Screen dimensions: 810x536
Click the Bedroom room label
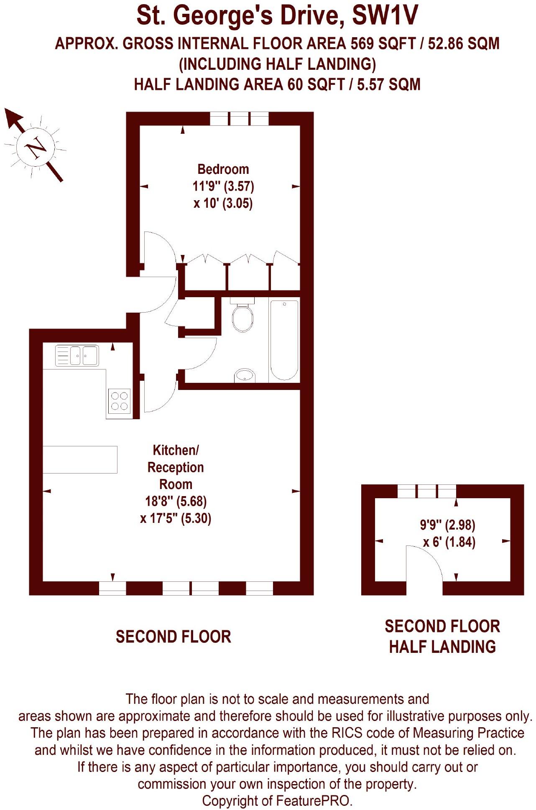coord(223,169)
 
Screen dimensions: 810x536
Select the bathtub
coord(284,339)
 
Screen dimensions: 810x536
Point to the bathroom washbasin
coord(245,375)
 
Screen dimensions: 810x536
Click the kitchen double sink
coord(77,355)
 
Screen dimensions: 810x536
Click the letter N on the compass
coord(35,148)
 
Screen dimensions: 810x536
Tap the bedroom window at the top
coord(239,119)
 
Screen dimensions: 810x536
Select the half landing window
coord(426,491)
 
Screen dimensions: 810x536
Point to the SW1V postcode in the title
coord(385,17)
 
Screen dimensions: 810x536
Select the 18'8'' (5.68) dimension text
coord(176,501)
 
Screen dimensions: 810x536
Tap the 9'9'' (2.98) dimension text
coord(447,525)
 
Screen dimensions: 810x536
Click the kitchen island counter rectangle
coord(80,459)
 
